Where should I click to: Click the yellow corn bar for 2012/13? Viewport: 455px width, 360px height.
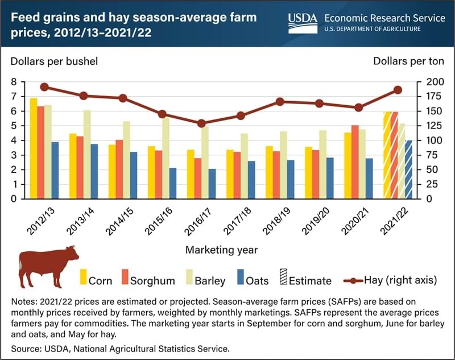pos(34,148)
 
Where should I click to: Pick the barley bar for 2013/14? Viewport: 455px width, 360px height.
pos(87,154)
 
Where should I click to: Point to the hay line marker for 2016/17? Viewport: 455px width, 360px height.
pos(201,123)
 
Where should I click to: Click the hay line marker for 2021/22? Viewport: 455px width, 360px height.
pos(398,90)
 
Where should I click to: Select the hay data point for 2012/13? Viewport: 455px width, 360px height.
pos(44,87)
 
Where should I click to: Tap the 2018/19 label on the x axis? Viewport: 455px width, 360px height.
pos(276,222)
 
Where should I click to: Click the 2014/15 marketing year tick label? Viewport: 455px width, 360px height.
pos(119,222)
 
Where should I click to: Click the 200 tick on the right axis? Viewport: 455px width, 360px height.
pos(432,82)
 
